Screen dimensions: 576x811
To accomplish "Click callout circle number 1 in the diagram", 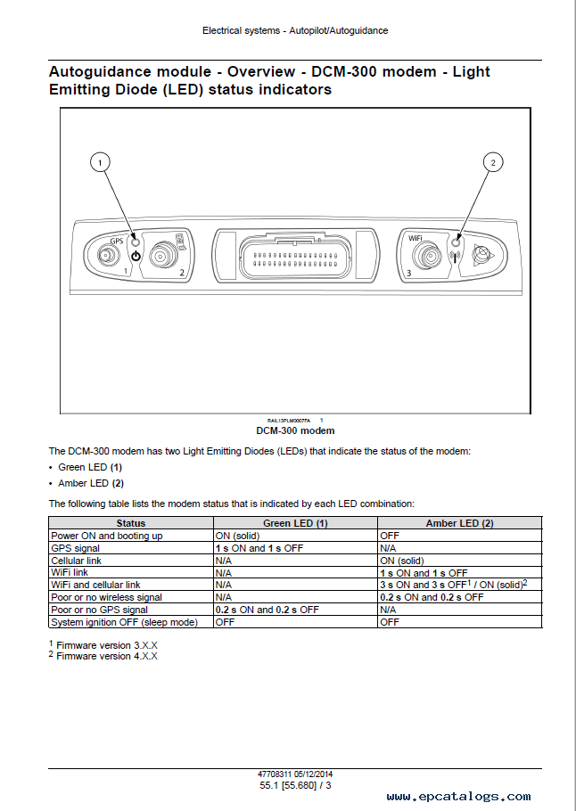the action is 100,162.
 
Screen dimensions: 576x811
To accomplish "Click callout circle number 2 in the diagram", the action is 493,162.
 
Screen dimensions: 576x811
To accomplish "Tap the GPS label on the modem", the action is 117,241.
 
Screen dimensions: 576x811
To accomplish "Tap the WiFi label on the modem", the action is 415,238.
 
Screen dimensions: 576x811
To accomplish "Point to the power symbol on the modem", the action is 136,256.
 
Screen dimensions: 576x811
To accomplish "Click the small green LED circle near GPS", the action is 135,242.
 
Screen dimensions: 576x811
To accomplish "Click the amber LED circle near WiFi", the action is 456,242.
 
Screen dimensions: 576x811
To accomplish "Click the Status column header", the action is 131,523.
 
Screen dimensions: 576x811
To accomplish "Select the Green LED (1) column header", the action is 295,523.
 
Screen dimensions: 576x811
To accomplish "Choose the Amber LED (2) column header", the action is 459,523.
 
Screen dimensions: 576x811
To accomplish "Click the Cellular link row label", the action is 76,561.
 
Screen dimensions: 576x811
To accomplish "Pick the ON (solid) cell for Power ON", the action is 237,536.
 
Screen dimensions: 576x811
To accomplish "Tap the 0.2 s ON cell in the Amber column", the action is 432,597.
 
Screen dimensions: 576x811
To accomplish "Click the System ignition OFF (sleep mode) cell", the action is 124,622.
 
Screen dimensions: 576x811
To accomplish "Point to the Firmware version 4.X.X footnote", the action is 103,656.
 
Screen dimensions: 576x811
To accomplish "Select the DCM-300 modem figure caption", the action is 295,430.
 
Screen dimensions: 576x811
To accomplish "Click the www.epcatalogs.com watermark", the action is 458,797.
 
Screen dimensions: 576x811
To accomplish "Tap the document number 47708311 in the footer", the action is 275,774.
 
